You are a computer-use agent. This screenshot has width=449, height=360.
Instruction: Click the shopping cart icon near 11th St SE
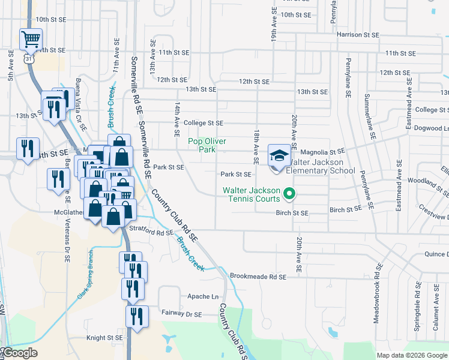31,40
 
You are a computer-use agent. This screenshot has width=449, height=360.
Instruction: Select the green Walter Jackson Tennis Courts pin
289,193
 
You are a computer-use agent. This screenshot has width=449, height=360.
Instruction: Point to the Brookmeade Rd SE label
258,277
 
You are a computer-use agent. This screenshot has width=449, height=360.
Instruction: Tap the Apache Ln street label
203,296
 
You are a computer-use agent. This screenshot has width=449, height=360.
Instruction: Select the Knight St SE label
104,338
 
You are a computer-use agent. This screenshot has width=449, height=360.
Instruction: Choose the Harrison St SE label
358,35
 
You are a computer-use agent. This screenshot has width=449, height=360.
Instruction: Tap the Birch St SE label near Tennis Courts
292,213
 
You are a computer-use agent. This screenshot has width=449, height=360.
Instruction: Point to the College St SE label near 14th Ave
203,122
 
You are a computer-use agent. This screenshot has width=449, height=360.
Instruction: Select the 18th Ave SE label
256,147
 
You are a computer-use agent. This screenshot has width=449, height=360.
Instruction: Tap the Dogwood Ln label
432,128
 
